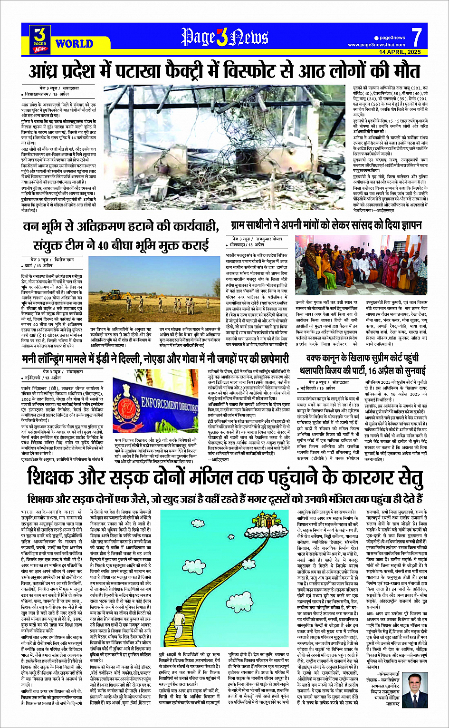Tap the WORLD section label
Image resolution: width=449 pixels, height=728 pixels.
coord(74,44)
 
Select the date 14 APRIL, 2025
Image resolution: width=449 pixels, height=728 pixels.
coord(400,51)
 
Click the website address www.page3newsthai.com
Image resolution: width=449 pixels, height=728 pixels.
coord(377,45)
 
